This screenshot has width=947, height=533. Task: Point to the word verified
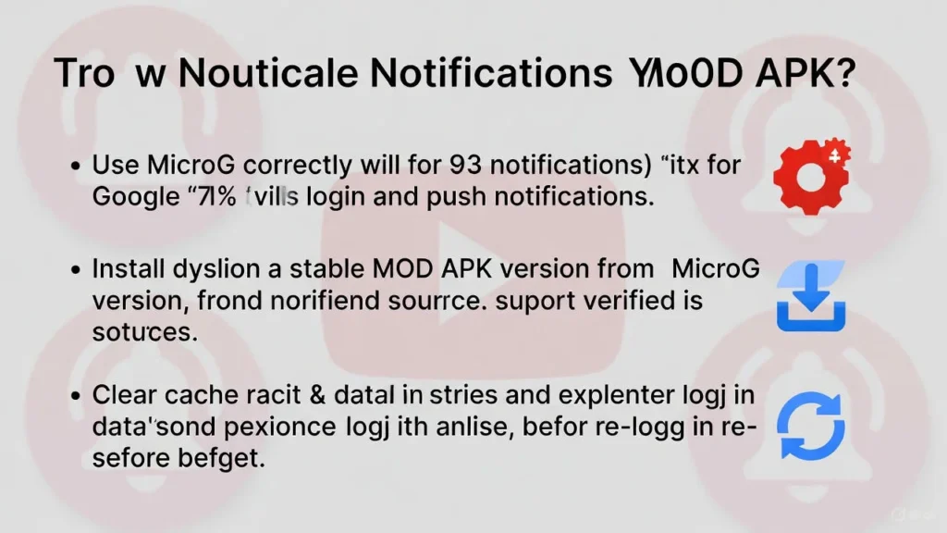point(616,301)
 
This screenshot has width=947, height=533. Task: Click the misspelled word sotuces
point(144,332)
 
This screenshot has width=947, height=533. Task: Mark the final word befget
point(220,458)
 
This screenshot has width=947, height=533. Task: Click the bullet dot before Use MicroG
point(77,167)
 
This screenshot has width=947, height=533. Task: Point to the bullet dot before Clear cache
point(77,396)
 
